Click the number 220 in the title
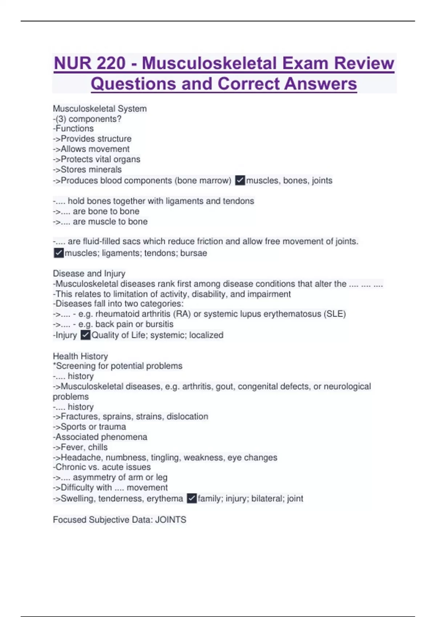[x=108, y=63]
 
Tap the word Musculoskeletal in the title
[x=209, y=63]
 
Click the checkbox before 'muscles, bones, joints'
[x=240, y=180]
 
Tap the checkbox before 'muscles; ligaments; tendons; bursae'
[x=58, y=253]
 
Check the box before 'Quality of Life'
[x=85, y=335]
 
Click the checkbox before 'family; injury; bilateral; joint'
[x=192, y=498]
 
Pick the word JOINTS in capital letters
[x=171, y=519]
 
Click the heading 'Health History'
[x=80, y=356]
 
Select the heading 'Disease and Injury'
[x=89, y=273]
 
